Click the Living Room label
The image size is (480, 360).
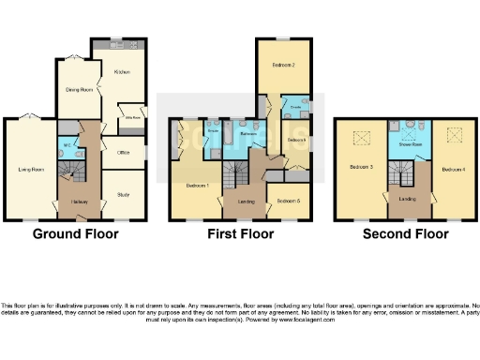[x=32, y=170]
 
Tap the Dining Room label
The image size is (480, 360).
[x=79, y=90]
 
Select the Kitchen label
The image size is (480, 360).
[x=122, y=71]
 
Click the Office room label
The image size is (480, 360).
[x=123, y=153]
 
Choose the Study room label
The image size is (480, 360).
[x=123, y=195]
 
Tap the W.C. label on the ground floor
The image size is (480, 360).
[x=67, y=145]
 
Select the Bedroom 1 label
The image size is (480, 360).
[x=197, y=185]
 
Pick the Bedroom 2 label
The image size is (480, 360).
[x=285, y=66]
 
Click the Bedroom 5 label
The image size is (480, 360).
[x=289, y=202]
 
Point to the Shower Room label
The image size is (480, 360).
[x=408, y=145]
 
